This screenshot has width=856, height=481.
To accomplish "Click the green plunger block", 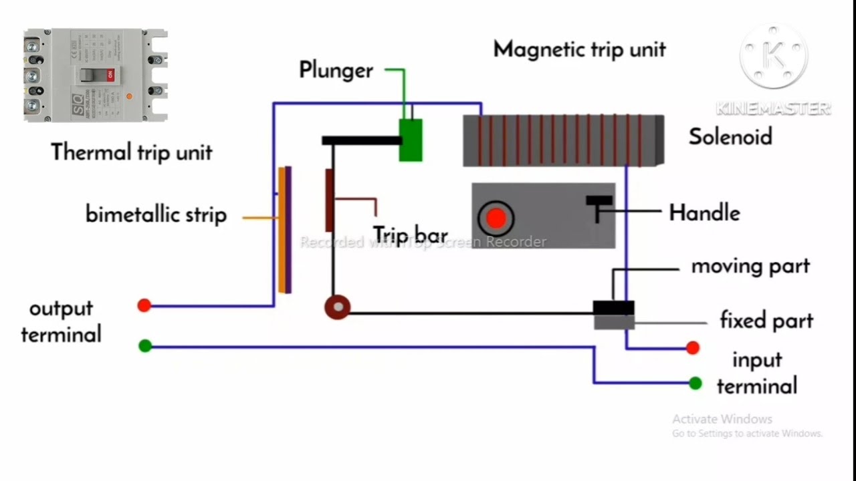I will click(410, 140).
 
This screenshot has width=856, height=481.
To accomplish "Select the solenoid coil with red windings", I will click(563, 140).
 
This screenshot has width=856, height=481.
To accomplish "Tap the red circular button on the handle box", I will click(496, 218).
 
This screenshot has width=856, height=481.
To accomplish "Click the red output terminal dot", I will click(144, 306).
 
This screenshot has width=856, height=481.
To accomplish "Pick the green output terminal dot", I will click(144, 346).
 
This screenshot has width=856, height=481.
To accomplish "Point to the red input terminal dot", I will click(693, 348).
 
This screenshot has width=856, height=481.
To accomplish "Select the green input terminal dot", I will click(695, 383).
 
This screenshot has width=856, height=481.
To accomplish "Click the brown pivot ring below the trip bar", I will click(338, 307).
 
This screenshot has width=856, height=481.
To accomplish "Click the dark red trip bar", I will click(329, 200).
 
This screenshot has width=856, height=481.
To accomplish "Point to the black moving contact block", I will click(613, 308).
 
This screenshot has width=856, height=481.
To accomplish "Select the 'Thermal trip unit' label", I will click(132, 152).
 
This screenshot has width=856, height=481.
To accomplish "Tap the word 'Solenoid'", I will click(730, 137).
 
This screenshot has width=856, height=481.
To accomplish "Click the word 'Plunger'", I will click(336, 70).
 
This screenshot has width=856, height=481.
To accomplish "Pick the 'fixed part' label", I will click(766, 321).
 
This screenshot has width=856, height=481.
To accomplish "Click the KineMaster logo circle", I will click(773, 57).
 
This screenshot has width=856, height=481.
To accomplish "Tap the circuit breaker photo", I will click(95, 75).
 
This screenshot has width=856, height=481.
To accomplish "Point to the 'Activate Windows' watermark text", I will click(722, 420).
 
